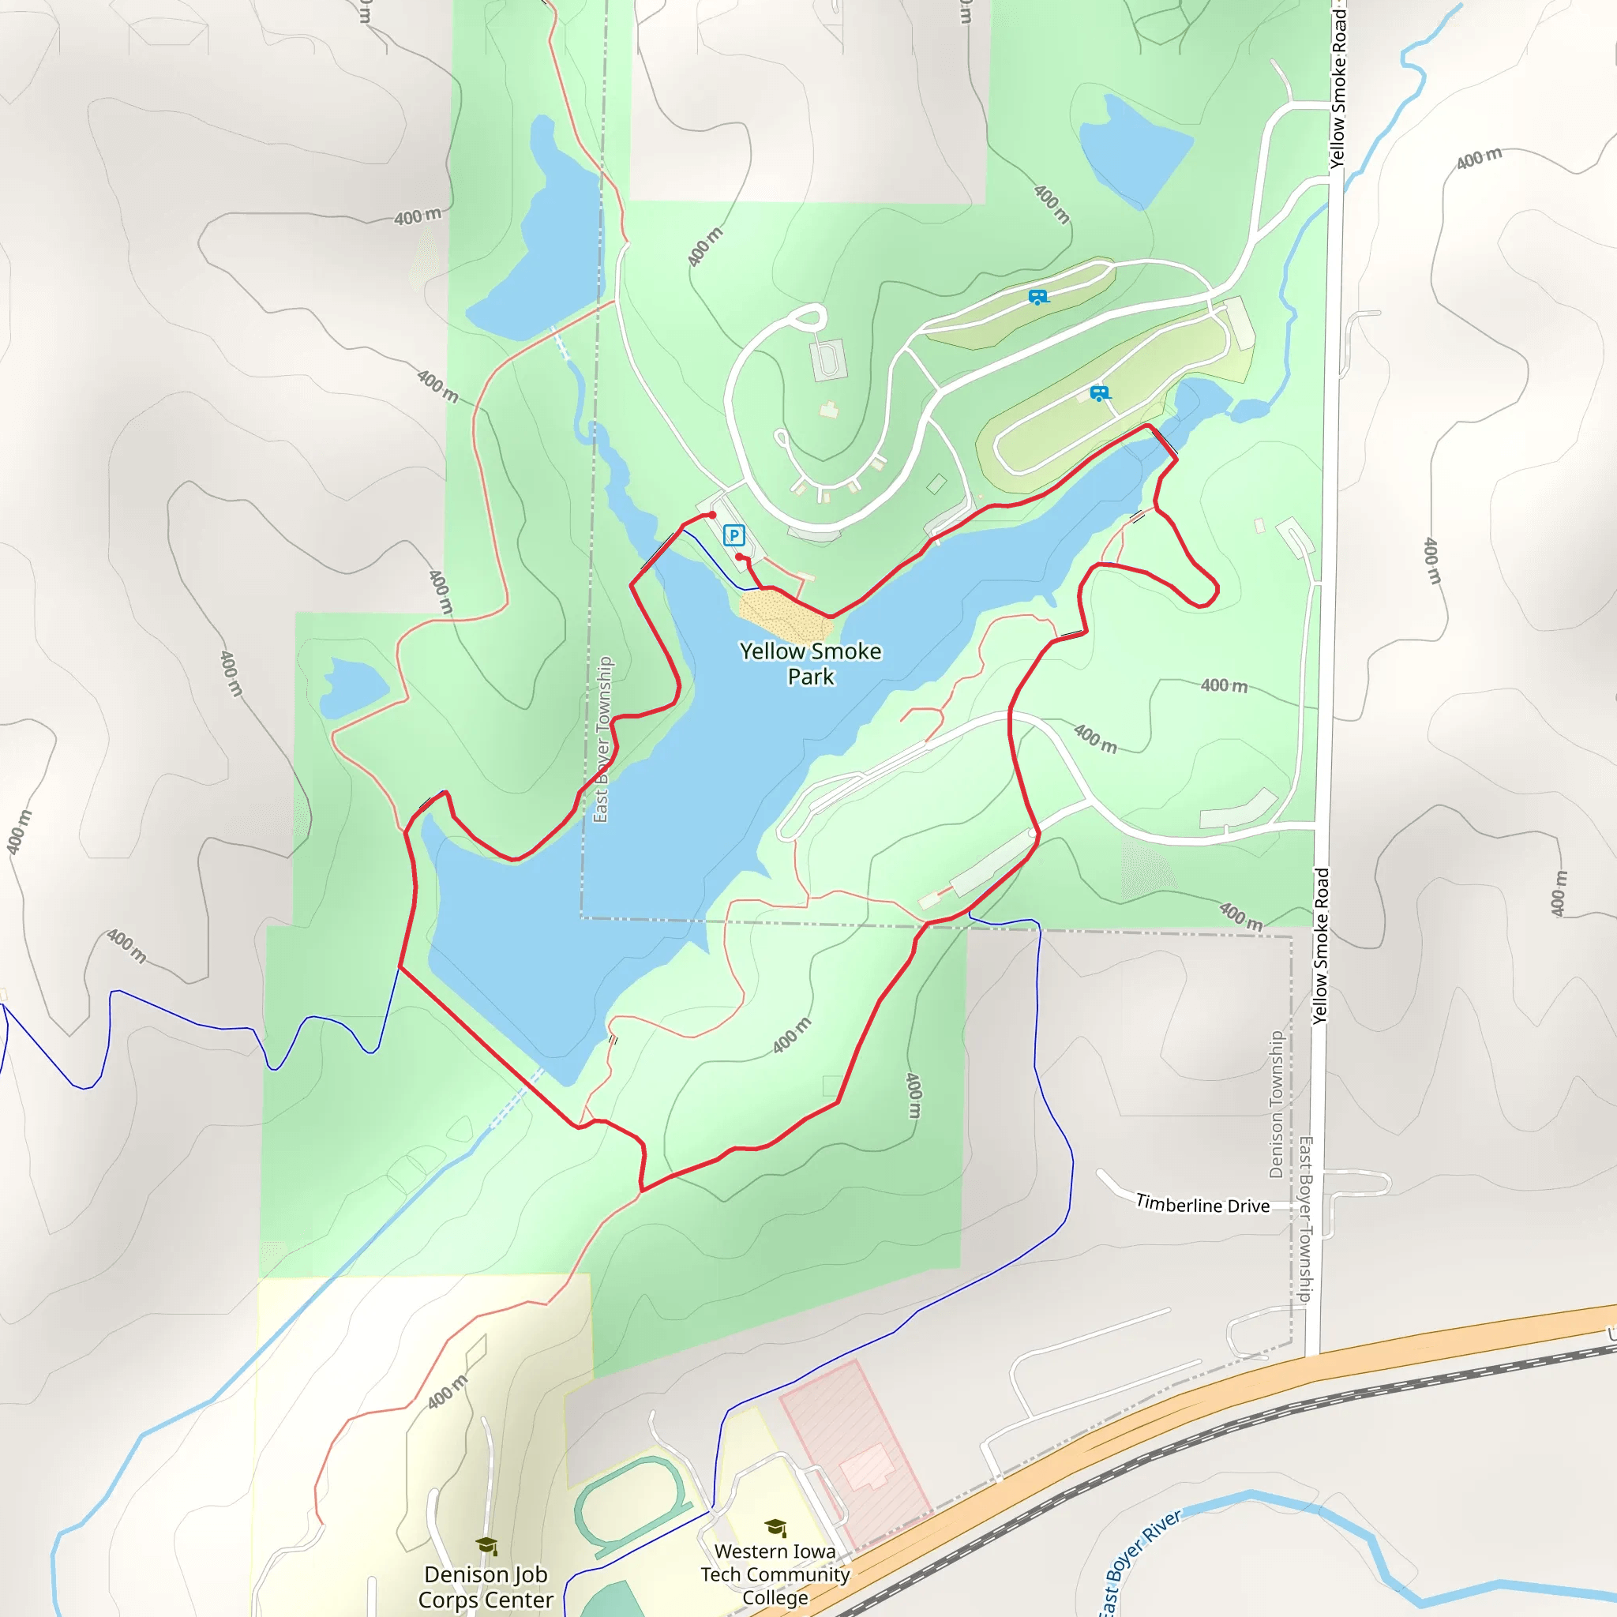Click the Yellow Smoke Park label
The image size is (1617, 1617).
810,664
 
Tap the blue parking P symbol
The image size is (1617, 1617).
734,535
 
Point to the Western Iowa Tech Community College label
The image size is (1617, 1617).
775,1574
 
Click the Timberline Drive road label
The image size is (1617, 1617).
1202,1205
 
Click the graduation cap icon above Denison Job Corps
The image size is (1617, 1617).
486,1545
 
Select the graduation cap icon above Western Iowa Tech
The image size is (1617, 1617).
775,1528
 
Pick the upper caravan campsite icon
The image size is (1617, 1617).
1037,296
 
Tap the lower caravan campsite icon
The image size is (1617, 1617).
1100,392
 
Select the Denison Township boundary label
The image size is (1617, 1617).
1277,1104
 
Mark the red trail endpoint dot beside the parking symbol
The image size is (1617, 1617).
739,557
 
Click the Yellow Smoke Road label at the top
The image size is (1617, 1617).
1338,88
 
